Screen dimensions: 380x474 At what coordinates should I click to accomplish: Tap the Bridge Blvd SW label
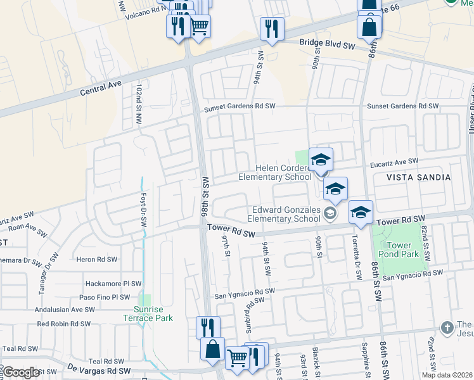pos(328,46)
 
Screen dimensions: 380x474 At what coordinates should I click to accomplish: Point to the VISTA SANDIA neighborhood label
pos(419,177)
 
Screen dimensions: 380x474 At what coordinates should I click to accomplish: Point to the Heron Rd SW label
pos(96,259)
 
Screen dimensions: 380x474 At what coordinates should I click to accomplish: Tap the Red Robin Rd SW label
pos(66,324)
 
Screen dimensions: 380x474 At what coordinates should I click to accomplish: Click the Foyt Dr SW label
pos(144,212)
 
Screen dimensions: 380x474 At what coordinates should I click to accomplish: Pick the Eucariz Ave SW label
pos(394,162)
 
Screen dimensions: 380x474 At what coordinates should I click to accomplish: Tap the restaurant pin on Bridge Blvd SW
pos(272,28)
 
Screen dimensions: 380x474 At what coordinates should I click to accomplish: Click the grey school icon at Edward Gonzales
pos(330,213)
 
